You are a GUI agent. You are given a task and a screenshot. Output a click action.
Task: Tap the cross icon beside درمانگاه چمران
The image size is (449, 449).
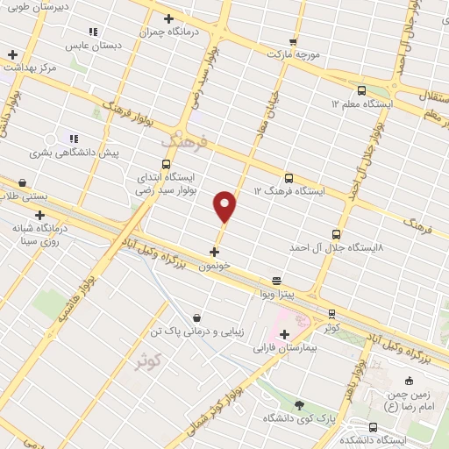[x=168, y=18]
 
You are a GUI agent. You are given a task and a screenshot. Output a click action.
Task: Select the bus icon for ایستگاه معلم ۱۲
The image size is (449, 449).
[x=361, y=89]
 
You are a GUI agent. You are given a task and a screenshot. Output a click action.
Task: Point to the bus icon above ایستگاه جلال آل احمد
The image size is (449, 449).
[x=337, y=234]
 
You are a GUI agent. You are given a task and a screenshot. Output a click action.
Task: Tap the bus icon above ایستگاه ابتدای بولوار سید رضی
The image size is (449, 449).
[x=167, y=164]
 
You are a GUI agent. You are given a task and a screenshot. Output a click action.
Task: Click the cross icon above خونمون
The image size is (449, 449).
[x=215, y=252]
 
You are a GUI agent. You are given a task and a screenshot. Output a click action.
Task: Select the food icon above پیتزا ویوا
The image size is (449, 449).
[x=276, y=282]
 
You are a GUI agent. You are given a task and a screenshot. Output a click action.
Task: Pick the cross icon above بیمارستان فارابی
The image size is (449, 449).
[x=284, y=334]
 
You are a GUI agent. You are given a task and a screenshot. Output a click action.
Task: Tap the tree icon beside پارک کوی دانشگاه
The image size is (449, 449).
[x=299, y=404]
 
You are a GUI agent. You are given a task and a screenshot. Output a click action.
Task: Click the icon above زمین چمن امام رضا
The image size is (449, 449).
[x=408, y=381]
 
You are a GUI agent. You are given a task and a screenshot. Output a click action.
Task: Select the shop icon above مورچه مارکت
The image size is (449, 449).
[x=293, y=41]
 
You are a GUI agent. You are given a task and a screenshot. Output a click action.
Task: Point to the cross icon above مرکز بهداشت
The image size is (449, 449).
[x=12, y=54]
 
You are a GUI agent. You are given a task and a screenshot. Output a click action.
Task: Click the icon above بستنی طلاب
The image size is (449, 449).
[x=22, y=182]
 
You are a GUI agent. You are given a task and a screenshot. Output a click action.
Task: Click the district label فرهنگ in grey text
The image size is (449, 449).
[x=181, y=139]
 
